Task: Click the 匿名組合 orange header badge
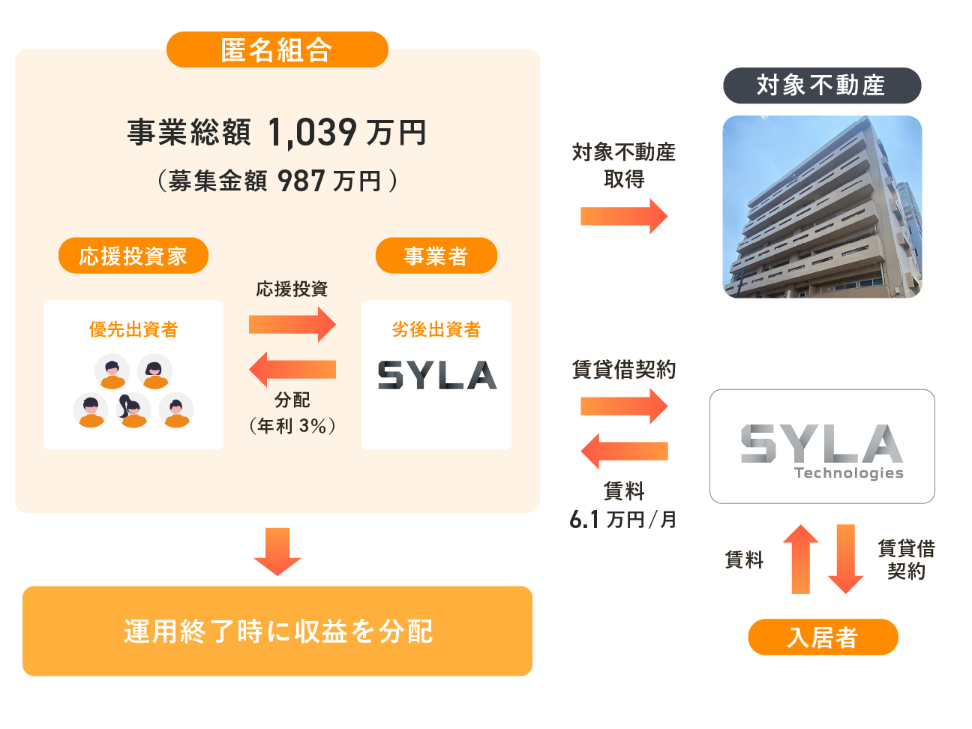point(277,49)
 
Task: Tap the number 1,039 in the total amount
point(312,133)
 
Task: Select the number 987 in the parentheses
point(301,181)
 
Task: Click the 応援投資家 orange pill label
point(133,256)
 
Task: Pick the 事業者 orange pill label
point(436,256)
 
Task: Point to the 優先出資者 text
point(133,329)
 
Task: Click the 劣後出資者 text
point(436,329)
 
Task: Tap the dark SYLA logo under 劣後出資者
point(436,375)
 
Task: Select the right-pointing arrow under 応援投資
point(292,324)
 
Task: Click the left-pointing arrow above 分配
point(292,369)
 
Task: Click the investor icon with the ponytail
point(133,410)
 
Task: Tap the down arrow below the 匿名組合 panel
point(277,551)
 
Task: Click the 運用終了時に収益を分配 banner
point(277,631)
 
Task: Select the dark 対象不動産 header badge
point(821,85)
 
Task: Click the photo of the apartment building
point(822,206)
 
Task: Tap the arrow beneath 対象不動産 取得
point(623,217)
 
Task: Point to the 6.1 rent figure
point(584,519)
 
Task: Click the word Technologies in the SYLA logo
point(848,473)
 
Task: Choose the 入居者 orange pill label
point(823,637)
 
